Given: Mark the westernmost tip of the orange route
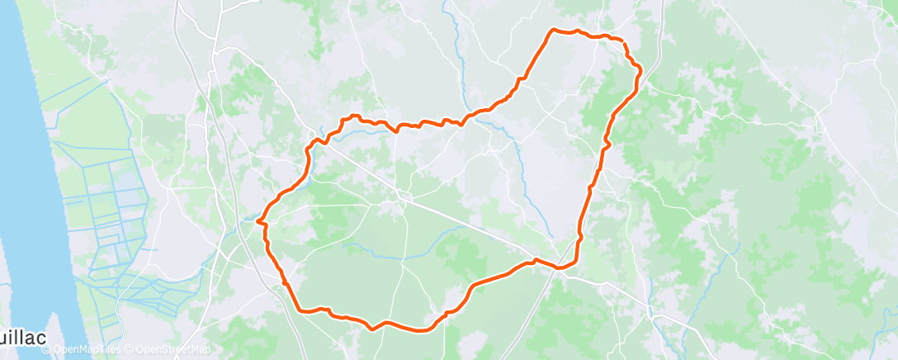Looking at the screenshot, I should (x=258, y=220).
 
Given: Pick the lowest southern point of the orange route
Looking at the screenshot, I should (x=421, y=330).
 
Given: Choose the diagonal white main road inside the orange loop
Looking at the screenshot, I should (x=462, y=223).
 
